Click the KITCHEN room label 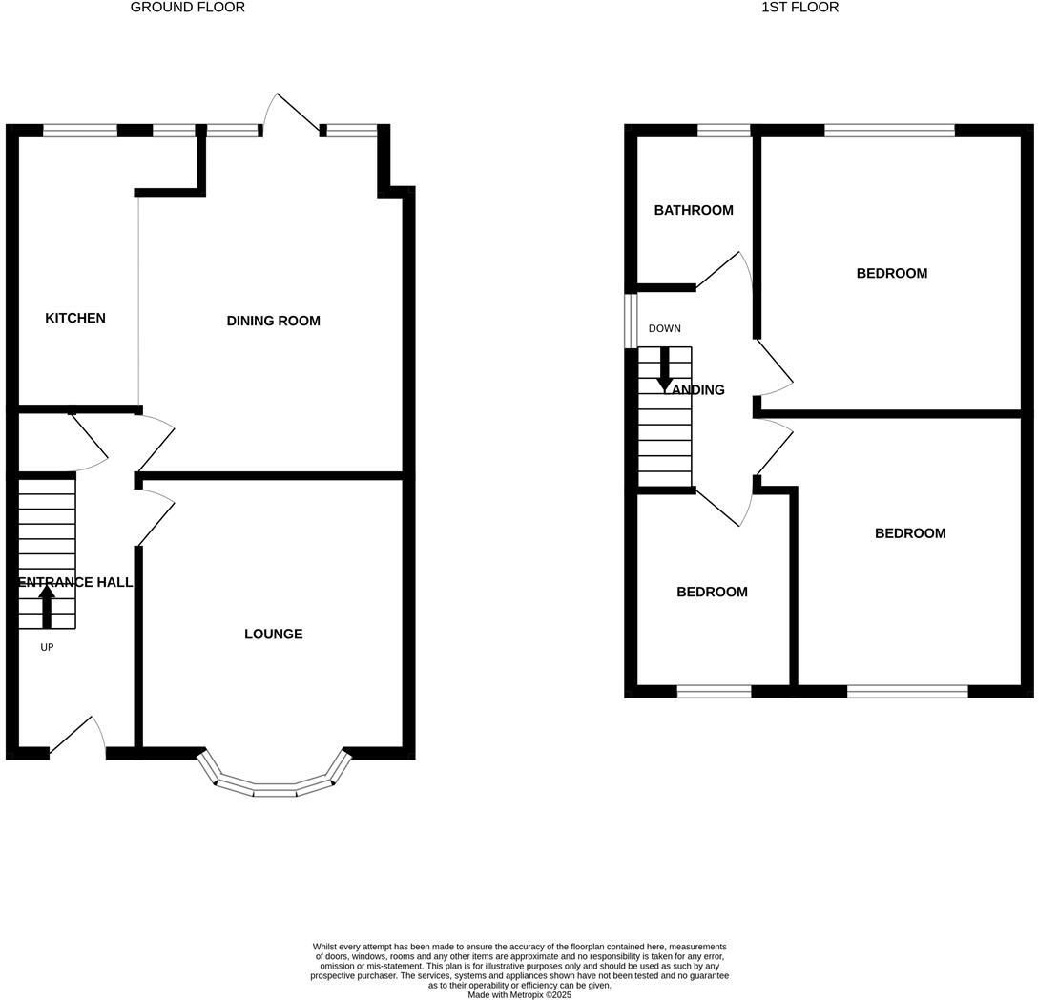(x=75, y=318)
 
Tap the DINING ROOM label (x=273, y=321)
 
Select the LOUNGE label (x=273, y=634)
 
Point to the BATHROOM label (x=694, y=210)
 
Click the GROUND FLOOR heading (x=187, y=8)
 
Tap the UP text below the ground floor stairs (x=47, y=647)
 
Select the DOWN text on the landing (x=664, y=328)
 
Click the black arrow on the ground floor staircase (x=47, y=606)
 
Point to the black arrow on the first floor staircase (x=665, y=370)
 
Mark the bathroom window (x=723, y=131)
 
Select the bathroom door (x=724, y=270)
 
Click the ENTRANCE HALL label (x=74, y=582)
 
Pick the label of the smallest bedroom (x=712, y=592)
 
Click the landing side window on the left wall (x=631, y=321)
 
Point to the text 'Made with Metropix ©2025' (x=519, y=994)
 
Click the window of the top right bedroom (x=889, y=131)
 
